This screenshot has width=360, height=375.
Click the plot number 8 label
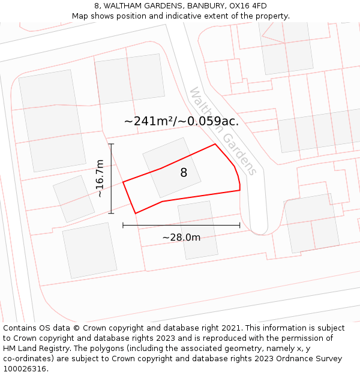point(184,173)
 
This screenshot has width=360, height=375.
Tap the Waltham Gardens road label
point(223,131)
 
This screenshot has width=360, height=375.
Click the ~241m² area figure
point(148,121)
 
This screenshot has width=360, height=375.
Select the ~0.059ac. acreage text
point(211,121)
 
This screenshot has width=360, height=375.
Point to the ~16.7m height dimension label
point(100,178)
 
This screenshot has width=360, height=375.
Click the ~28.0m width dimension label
point(181,237)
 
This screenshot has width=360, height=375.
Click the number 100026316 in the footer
point(25,369)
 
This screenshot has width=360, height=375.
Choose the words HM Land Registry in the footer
point(36,349)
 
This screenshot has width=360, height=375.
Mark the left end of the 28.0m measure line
point(123,226)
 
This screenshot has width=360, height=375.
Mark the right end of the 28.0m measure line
point(240,226)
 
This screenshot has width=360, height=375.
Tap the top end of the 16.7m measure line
point(111,144)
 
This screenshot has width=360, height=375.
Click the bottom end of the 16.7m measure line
point(111,213)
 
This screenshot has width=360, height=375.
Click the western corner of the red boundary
point(123,182)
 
